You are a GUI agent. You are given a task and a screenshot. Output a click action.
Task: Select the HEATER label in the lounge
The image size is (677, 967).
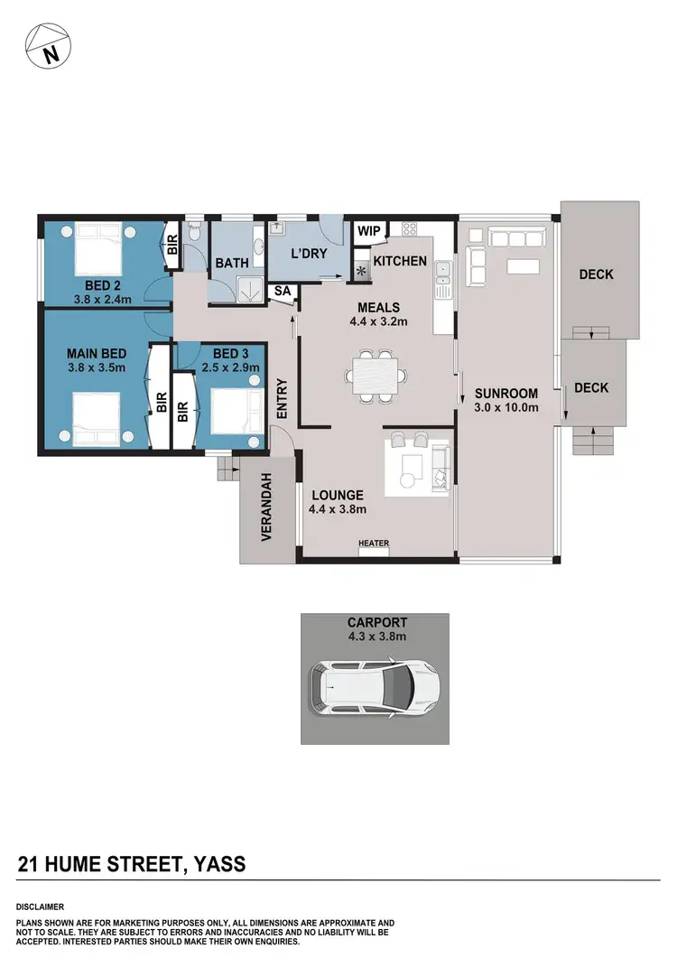tap(374, 543)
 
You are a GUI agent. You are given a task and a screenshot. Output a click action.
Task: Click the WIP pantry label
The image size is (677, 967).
tap(369, 231)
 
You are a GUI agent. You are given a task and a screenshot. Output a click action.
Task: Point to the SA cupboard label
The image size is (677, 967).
tap(283, 291)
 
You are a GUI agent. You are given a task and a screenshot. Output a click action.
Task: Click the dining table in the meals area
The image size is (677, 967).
tap(374, 376)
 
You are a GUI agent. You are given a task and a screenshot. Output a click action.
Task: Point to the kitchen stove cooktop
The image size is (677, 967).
tap(409, 230)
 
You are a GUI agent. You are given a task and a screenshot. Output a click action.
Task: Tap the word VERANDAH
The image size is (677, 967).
tap(266, 507)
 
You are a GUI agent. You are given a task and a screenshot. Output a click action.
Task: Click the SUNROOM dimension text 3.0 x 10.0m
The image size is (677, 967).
tap(507, 408)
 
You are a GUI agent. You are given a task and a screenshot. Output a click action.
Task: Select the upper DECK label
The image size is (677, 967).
tap(596, 274)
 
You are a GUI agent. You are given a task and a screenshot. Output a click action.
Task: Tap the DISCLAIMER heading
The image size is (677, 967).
tap(40, 906)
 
